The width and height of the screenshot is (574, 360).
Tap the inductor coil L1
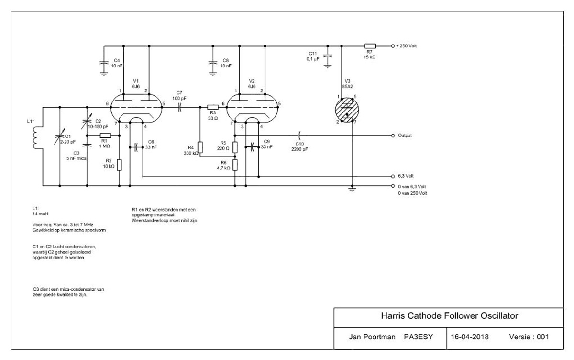(x=34, y=135)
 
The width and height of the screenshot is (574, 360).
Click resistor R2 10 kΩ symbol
(x=119, y=165)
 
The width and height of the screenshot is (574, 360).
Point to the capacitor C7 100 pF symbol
(x=180, y=107)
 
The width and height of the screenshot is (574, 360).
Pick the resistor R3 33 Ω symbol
(x=212, y=107)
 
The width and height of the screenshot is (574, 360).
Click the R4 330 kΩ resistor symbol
(x=200, y=147)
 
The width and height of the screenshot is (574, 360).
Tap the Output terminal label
(x=405, y=135)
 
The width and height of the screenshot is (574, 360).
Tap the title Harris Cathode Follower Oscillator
(x=449, y=316)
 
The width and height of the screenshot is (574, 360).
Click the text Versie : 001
(x=529, y=337)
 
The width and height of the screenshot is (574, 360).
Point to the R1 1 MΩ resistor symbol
(x=105, y=135)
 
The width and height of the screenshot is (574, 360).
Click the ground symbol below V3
(x=352, y=190)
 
